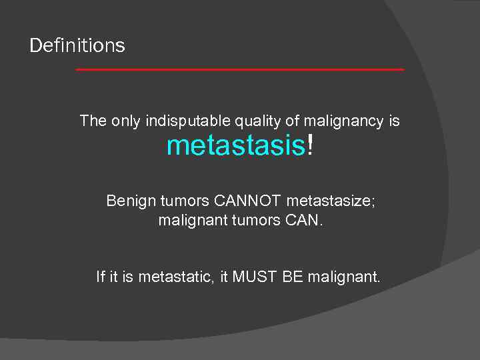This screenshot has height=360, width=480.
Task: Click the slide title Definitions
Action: (77, 46)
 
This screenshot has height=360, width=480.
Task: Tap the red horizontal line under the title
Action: (240, 69)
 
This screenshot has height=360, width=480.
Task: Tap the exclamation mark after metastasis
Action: (309, 145)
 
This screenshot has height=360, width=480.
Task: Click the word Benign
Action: (131, 201)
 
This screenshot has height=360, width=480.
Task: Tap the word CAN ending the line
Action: (307, 220)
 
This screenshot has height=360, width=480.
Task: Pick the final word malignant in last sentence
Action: (344, 276)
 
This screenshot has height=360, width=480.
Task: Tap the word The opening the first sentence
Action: (93, 121)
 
